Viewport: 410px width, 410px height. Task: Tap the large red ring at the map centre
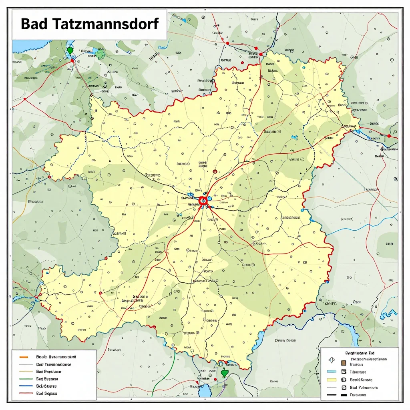click(x=203, y=200)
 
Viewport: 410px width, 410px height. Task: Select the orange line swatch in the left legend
click(x=24, y=356)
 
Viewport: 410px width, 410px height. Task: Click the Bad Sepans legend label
click(x=46, y=394)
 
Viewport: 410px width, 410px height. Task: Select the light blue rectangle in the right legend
click(x=331, y=372)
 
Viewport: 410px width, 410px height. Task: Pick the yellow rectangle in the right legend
click(x=331, y=380)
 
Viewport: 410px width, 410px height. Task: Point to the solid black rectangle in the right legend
click(x=344, y=395)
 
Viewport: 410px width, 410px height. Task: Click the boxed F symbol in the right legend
click(x=344, y=388)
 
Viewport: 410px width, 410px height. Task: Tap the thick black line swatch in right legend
click(x=331, y=395)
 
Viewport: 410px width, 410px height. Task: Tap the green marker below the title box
click(x=70, y=50)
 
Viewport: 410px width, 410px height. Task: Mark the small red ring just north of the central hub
click(x=215, y=171)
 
